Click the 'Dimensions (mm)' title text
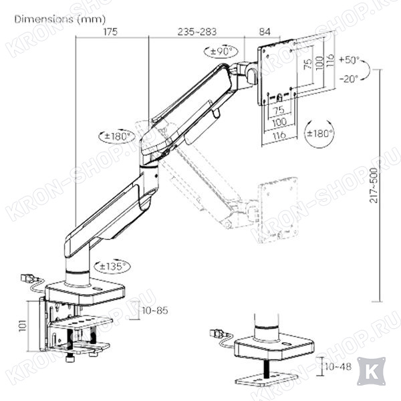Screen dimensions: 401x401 point(60,19)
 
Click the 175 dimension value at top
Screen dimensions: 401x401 point(110,31)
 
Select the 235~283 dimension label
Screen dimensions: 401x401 point(197,31)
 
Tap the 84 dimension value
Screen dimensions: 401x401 point(265,31)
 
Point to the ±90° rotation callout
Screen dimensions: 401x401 point(221,51)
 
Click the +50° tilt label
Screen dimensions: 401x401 point(350,60)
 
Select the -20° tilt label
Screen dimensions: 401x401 point(349,78)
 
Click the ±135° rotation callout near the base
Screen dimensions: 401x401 point(112,267)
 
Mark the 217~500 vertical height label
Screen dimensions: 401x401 point(374,185)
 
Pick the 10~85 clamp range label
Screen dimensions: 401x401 point(155,311)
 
